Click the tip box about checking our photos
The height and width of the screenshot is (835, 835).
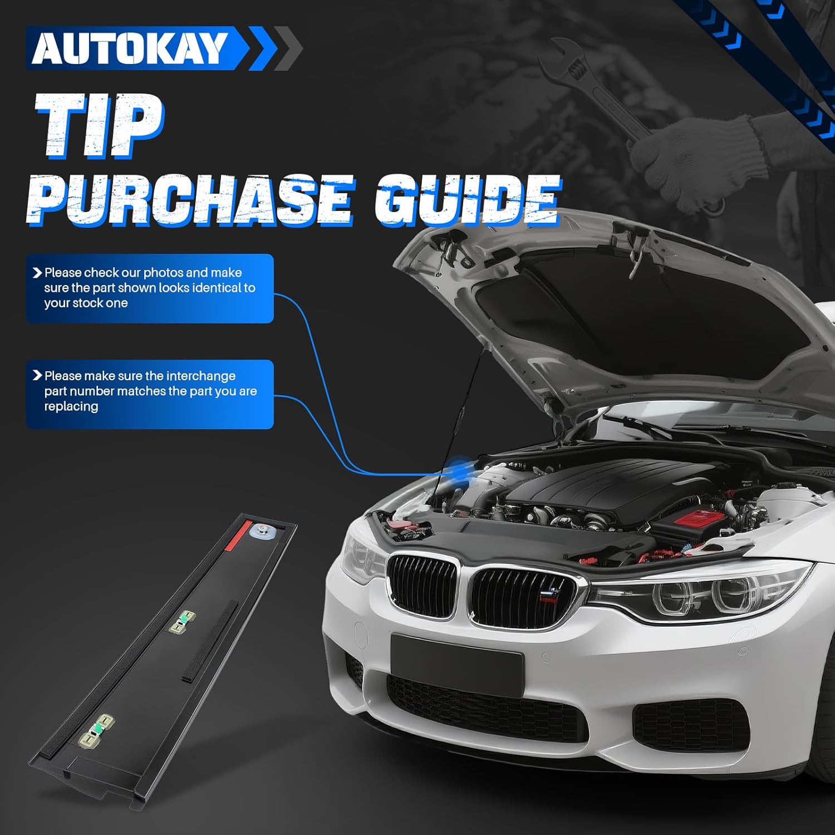[x=149, y=288]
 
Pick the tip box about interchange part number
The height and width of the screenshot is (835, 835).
[x=149, y=394]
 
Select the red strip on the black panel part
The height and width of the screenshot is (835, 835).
[x=233, y=538]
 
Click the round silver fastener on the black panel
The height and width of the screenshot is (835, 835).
[x=261, y=531]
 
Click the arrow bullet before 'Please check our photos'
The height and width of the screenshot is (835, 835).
[x=37, y=273]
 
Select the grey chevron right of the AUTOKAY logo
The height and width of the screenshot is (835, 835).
[x=288, y=48]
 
